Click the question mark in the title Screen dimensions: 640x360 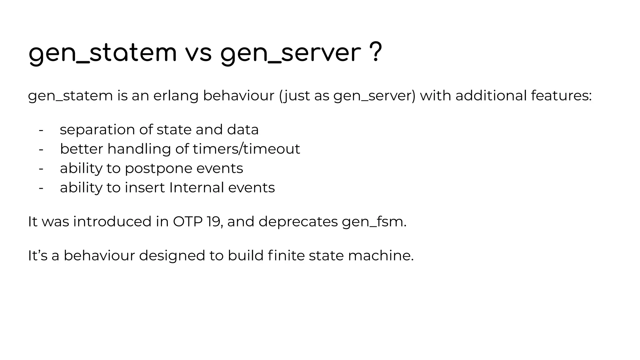click(375, 52)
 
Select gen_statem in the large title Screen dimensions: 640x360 click(102, 54)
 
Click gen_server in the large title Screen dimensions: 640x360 click(291, 54)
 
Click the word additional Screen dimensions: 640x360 click(491, 95)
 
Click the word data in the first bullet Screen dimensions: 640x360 click(243, 129)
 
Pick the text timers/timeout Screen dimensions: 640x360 click(246, 149)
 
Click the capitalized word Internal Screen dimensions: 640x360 click(196, 187)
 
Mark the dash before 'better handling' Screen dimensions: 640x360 click(41, 149)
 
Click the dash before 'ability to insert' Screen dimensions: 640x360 click(41, 188)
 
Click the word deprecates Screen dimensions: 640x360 click(298, 222)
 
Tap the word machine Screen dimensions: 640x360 click(380, 255)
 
